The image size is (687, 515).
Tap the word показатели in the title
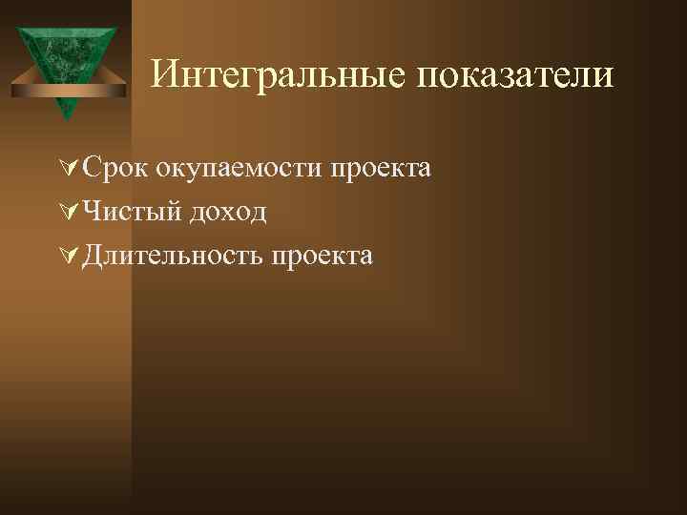(x=515, y=73)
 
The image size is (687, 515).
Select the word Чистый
(x=131, y=212)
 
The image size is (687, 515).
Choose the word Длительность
(x=172, y=255)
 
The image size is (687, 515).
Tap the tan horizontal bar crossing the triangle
(x=67, y=90)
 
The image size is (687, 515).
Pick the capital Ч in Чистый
(x=92, y=212)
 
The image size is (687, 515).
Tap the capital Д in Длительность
(x=93, y=255)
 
